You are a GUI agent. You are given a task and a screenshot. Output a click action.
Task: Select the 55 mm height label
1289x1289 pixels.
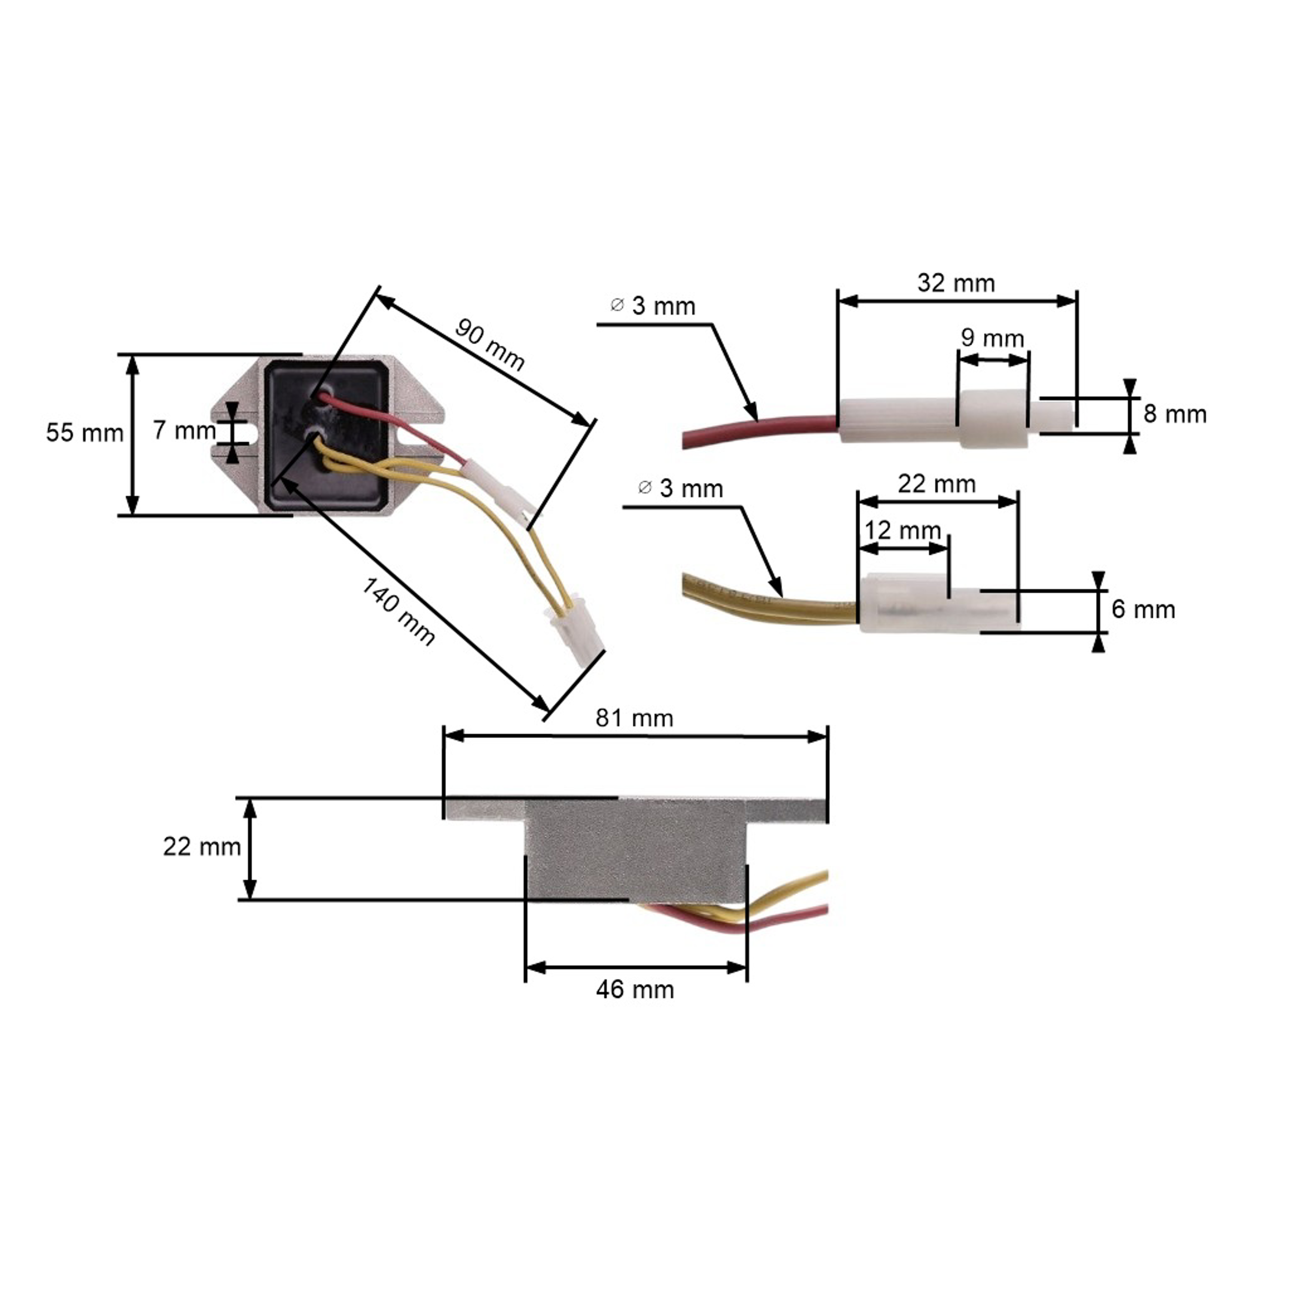tap(85, 433)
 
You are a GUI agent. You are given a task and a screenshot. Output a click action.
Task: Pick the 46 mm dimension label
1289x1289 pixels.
tap(635, 990)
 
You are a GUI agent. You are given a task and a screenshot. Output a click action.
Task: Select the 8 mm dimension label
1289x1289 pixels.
tap(1174, 414)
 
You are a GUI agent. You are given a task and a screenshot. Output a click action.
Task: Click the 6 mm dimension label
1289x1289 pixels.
tap(1143, 609)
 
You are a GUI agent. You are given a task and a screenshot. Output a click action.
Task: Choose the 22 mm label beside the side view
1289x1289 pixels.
tap(202, 846)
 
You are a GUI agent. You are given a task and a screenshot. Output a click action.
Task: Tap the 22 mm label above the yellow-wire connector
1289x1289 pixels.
tap(936, 484)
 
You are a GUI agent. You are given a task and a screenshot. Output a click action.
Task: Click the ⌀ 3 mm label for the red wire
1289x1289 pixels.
tap(653, 306)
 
